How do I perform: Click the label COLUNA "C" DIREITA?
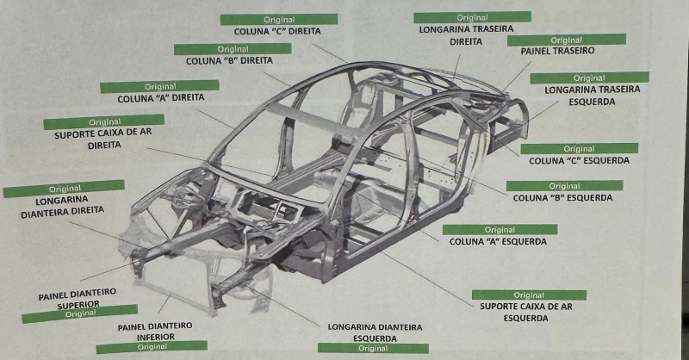pos(278,32)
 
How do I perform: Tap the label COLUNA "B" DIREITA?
pos(229,62)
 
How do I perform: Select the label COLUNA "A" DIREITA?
pos(160,99)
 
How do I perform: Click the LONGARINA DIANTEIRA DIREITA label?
pos(63,206)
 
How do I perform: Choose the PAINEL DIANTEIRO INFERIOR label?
pos(155,332)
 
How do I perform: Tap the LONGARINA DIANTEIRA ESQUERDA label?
pos(375,332)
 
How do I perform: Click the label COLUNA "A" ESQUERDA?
pos(499,241)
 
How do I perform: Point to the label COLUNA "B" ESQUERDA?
pos(563,198)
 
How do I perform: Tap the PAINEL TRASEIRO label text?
pos(557,52)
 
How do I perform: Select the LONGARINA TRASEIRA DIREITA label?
pos(466,34)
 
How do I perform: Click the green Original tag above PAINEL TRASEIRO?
pos(566,40)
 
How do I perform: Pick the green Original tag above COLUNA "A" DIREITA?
pos(160,87)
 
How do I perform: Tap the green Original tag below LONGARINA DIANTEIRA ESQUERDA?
pos(373,348)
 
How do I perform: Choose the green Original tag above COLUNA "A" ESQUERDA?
pos(500,230)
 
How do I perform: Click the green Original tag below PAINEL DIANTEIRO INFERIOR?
pos(152,347)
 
